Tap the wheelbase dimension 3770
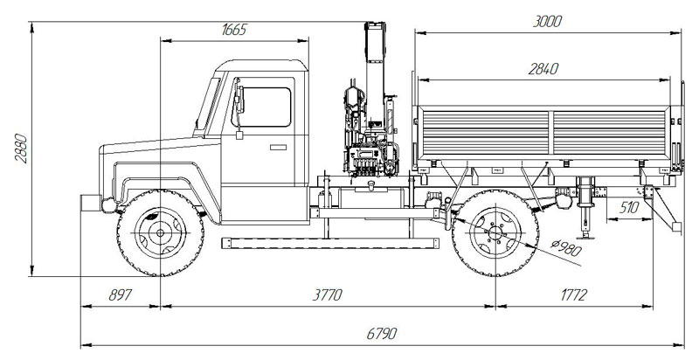click(327, 295)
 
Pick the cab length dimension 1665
click(234, 29)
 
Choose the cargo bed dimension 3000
click(547, 21)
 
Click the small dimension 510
click(628, 208)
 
